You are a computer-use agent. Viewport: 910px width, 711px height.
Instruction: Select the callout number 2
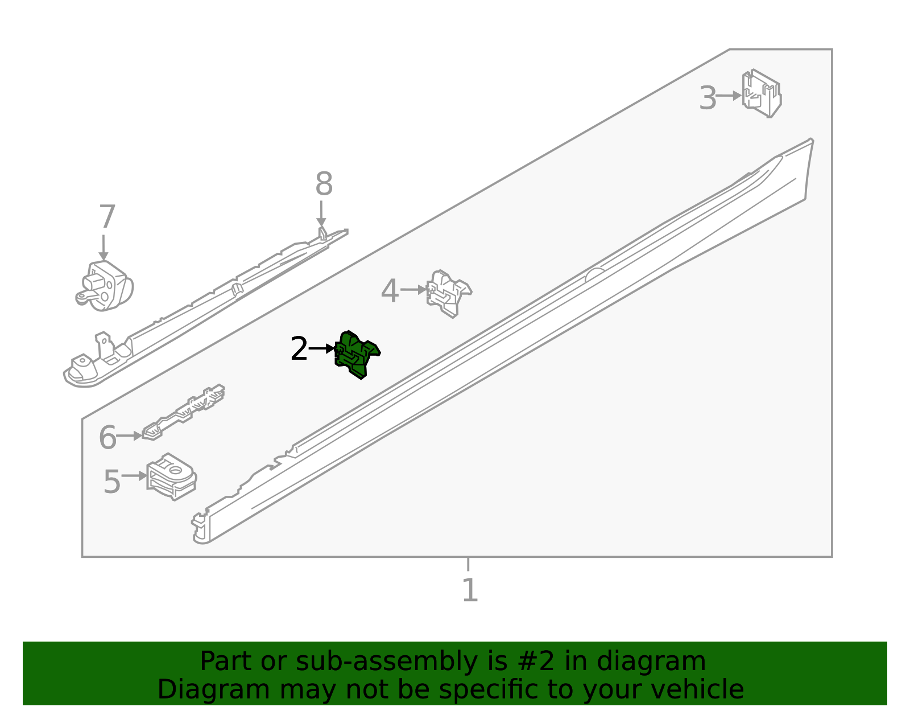(x=299, y=348)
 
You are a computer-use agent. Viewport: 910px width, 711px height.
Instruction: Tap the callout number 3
(x=708, y=98)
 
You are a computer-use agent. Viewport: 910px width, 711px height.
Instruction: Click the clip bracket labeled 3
(x=762, y=93)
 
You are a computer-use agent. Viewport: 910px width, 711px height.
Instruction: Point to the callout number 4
(x=390, y=291)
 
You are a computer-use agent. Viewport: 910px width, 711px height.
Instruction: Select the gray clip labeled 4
(x=449, y=294)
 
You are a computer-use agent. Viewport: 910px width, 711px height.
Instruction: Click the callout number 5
(x=112, y=482)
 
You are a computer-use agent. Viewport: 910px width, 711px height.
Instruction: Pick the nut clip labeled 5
(x=171, y=477)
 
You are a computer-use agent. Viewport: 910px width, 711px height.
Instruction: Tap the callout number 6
(x=107, y=437)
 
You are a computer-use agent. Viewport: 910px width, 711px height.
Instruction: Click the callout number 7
(x=107, y=217)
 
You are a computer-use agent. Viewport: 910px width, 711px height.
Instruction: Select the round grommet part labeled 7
(x=104, y=286)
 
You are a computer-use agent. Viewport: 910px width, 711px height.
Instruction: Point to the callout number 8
(x=324, y=183)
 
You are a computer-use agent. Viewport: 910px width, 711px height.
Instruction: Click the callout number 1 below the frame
(x=469, y=590)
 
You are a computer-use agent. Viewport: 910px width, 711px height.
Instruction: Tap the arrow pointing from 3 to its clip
(x=729, y=96)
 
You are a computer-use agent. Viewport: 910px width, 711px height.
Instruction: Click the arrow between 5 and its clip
(x=134, y=476)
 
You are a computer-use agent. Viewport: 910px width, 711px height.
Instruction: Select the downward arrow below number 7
(x=104, y=248)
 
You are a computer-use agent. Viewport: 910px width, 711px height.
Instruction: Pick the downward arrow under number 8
(x=321, y=213)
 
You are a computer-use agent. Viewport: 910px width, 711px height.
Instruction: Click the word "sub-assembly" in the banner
(x=386, y=661)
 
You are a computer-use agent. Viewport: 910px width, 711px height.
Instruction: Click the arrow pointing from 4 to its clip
(x=413, y=290)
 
